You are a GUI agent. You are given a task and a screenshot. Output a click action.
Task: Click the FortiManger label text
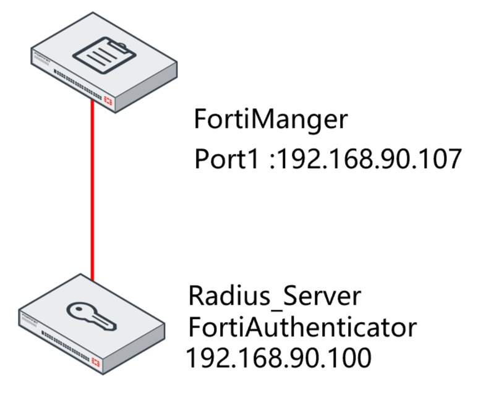click(x=271, y=120)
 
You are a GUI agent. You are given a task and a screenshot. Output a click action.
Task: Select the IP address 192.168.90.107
click(x=367, y=159)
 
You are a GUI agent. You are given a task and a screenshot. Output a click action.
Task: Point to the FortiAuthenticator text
click(x=302, y=328)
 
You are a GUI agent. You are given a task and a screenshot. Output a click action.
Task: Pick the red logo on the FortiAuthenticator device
click(x=96, y=361)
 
